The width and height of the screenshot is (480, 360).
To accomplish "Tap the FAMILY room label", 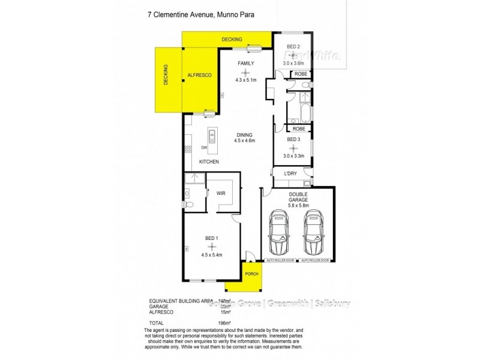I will [x=245, y=63].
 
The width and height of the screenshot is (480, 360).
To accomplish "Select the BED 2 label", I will [x=293, y=46].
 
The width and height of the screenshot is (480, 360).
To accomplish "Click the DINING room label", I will [x=244, y=134].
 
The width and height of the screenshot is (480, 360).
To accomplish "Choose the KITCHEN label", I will [x=209, y=162].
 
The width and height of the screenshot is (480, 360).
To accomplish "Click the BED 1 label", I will [x=211, y=238].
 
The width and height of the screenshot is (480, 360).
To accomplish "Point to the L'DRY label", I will [x=291, y=174].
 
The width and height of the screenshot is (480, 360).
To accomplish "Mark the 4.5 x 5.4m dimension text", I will [x=211, y=254].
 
